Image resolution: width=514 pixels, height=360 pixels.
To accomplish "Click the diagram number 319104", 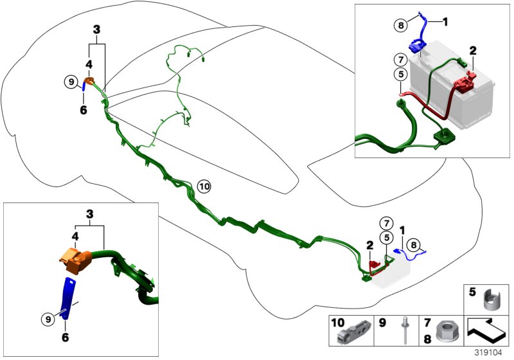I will (x=490, y=352).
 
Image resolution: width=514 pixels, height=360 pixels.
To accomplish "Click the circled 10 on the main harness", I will (x=204, y=186).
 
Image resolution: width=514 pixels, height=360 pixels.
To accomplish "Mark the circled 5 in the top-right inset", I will (x=399, y=75).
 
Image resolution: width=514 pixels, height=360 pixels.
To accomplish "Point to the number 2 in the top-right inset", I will (x=473, y=50).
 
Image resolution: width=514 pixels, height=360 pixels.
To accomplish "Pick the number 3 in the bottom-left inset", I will (x=91, y=213).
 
